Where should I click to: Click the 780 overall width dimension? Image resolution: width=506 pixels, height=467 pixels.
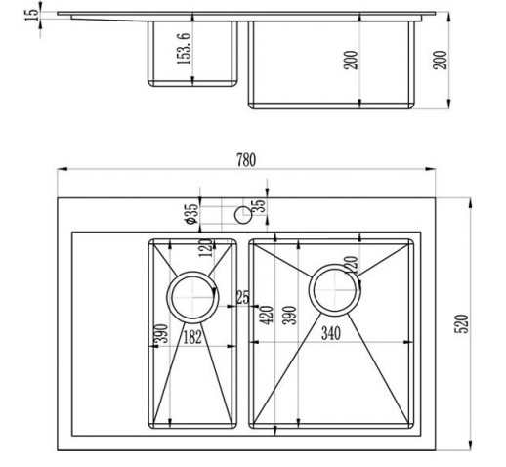click(246, 160)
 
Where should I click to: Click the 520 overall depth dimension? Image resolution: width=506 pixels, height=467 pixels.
click(461, 323)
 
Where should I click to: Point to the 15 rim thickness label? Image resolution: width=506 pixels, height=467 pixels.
click(31, 16)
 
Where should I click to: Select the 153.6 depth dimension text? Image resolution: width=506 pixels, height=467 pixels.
click(184, 49)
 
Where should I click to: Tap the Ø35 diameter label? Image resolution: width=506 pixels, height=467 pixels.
click(191, 214)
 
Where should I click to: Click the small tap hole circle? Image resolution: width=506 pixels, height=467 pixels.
click(243, 215)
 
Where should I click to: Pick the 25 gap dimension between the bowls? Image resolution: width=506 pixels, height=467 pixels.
click(242, 298)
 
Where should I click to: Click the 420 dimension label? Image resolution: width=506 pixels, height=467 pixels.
click(268, 316)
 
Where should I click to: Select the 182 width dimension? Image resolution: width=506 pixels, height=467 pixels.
click(192, 337)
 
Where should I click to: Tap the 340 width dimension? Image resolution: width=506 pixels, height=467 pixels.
click(331, 333)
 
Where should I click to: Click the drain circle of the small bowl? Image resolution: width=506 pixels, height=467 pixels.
click(192, 297)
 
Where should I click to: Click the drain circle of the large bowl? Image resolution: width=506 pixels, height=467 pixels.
click(335, 290)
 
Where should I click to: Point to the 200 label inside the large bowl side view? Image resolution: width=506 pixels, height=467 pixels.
click(351, 60)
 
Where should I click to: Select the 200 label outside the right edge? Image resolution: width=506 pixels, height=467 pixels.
click(440, 60)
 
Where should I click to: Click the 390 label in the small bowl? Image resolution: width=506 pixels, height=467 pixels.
click(162, 333)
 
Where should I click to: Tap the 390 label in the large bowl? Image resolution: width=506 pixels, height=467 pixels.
click(289, 316)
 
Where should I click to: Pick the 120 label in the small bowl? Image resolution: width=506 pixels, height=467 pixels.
click(205, 248)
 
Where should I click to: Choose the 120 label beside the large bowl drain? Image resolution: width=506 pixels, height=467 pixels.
click(351, 266)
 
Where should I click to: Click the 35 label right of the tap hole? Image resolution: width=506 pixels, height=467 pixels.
click(260, 205)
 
